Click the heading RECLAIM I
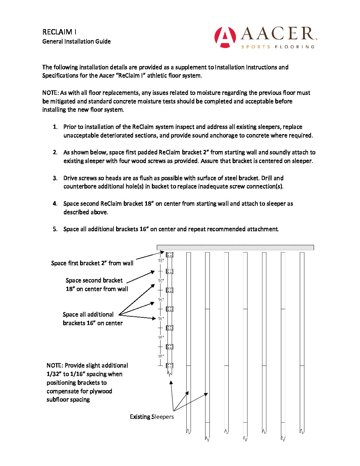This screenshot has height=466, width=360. (59, 32)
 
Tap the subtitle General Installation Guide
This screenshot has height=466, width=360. (76, 41)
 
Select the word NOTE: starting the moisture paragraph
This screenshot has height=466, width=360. (50, 93)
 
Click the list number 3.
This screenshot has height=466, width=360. (55, 178)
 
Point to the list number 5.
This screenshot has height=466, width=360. (55, 229)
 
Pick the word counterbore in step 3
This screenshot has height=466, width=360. (79, 186)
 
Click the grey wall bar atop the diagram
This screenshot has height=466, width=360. (235, 247)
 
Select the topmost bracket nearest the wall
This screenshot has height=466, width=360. (169, 255)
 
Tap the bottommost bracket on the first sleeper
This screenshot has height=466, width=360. (169, 366)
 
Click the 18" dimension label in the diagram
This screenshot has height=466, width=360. (161, 261)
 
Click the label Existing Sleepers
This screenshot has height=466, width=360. (152, 417)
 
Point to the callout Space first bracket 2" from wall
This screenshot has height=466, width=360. (92, 263)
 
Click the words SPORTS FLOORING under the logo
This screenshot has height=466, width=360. (278, 47)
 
